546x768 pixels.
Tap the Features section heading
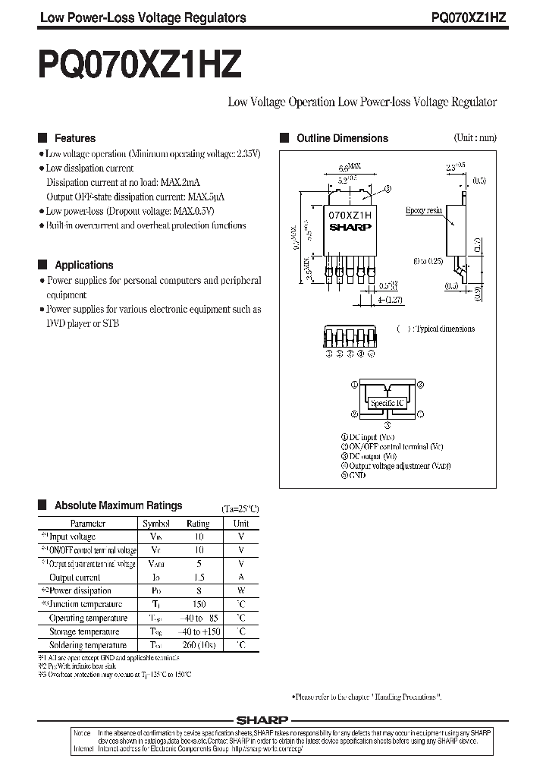pos(75,138)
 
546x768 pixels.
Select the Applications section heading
pos(83,265)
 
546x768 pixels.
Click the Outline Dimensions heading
pos(342,138)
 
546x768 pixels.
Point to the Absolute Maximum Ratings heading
pos(118,505)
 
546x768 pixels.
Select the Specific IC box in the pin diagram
pos(386,404)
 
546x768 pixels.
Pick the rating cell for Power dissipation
pos(198,590)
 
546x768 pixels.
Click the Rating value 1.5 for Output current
pos(198,577)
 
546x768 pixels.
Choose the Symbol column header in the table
pos(156,523)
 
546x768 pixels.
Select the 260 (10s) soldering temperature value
pos(198,645)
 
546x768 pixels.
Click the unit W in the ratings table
pos(241,590)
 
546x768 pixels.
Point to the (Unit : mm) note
pos(475,138)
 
